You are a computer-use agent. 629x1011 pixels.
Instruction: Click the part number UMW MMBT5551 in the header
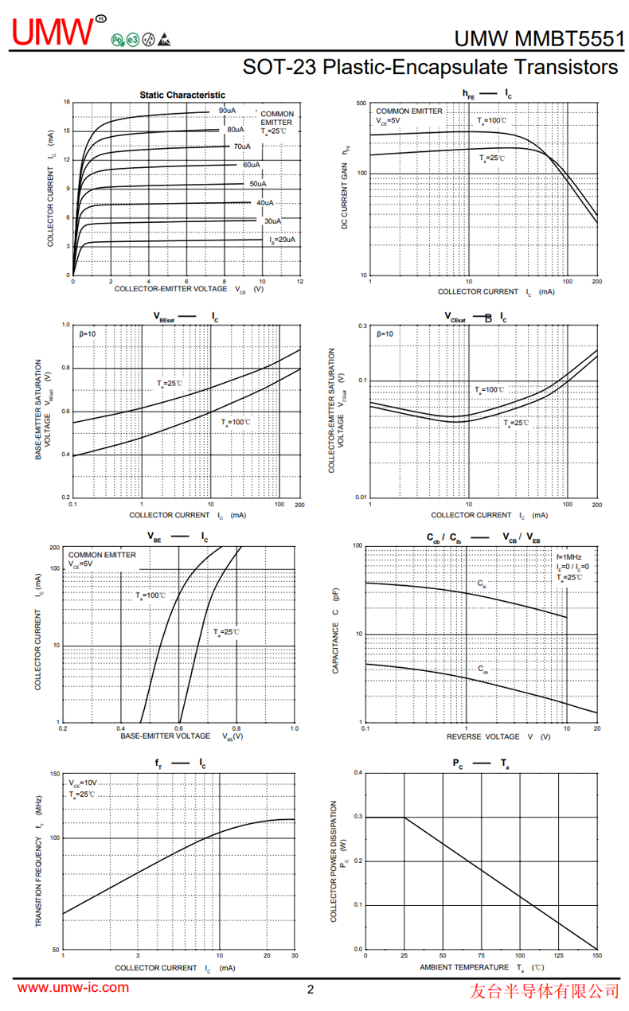coord(539,39)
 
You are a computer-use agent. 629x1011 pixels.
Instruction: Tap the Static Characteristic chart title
coord(182,95)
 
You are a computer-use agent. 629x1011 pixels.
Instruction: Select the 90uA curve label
coord(227,111)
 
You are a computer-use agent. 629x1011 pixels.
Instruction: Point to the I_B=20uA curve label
coord(282,240)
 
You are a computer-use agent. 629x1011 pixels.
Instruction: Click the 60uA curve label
coord(252,165)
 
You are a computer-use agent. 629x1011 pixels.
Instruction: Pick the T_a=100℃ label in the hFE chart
coord(492,120)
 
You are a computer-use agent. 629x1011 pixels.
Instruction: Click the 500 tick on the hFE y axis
coord(361,103)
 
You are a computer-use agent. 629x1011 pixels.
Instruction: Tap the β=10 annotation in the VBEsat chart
coord(88,334)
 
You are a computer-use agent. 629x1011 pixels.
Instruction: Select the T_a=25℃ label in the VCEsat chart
coord(516,423)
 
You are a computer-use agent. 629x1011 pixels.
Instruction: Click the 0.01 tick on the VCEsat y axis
coord(361,498)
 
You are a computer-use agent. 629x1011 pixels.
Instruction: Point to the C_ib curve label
coord(482,584)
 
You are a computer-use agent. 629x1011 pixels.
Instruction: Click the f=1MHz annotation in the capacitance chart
coord(569,557)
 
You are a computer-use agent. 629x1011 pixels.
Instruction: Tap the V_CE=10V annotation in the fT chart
coord(83,783)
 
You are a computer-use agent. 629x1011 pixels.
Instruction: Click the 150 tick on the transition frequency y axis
coord(55,774)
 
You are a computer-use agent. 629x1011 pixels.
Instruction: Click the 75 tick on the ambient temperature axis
coord(482,955)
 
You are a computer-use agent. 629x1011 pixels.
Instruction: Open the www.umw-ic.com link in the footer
coord(73,988)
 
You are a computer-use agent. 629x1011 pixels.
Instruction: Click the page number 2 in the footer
coord(311,990)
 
